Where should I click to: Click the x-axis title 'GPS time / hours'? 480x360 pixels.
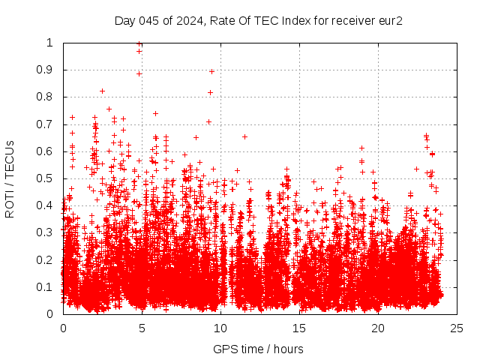click(x=258, y=349)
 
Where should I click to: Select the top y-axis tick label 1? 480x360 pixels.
click(x=50, y=43)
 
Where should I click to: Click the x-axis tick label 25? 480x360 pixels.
click(x=457, y=328)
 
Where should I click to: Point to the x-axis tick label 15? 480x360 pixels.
click(x=299, y=328)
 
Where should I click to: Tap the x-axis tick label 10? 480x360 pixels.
click(x=220, y=328)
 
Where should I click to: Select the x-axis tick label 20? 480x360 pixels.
click(x=378, y=328)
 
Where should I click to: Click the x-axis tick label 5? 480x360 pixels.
click(x=142, y=328)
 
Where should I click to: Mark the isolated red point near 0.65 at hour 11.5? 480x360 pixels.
click(x=244, y=136)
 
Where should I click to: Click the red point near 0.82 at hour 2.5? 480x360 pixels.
click(x=103, y=91)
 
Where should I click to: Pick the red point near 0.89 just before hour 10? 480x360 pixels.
click(x=211, y=71)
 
